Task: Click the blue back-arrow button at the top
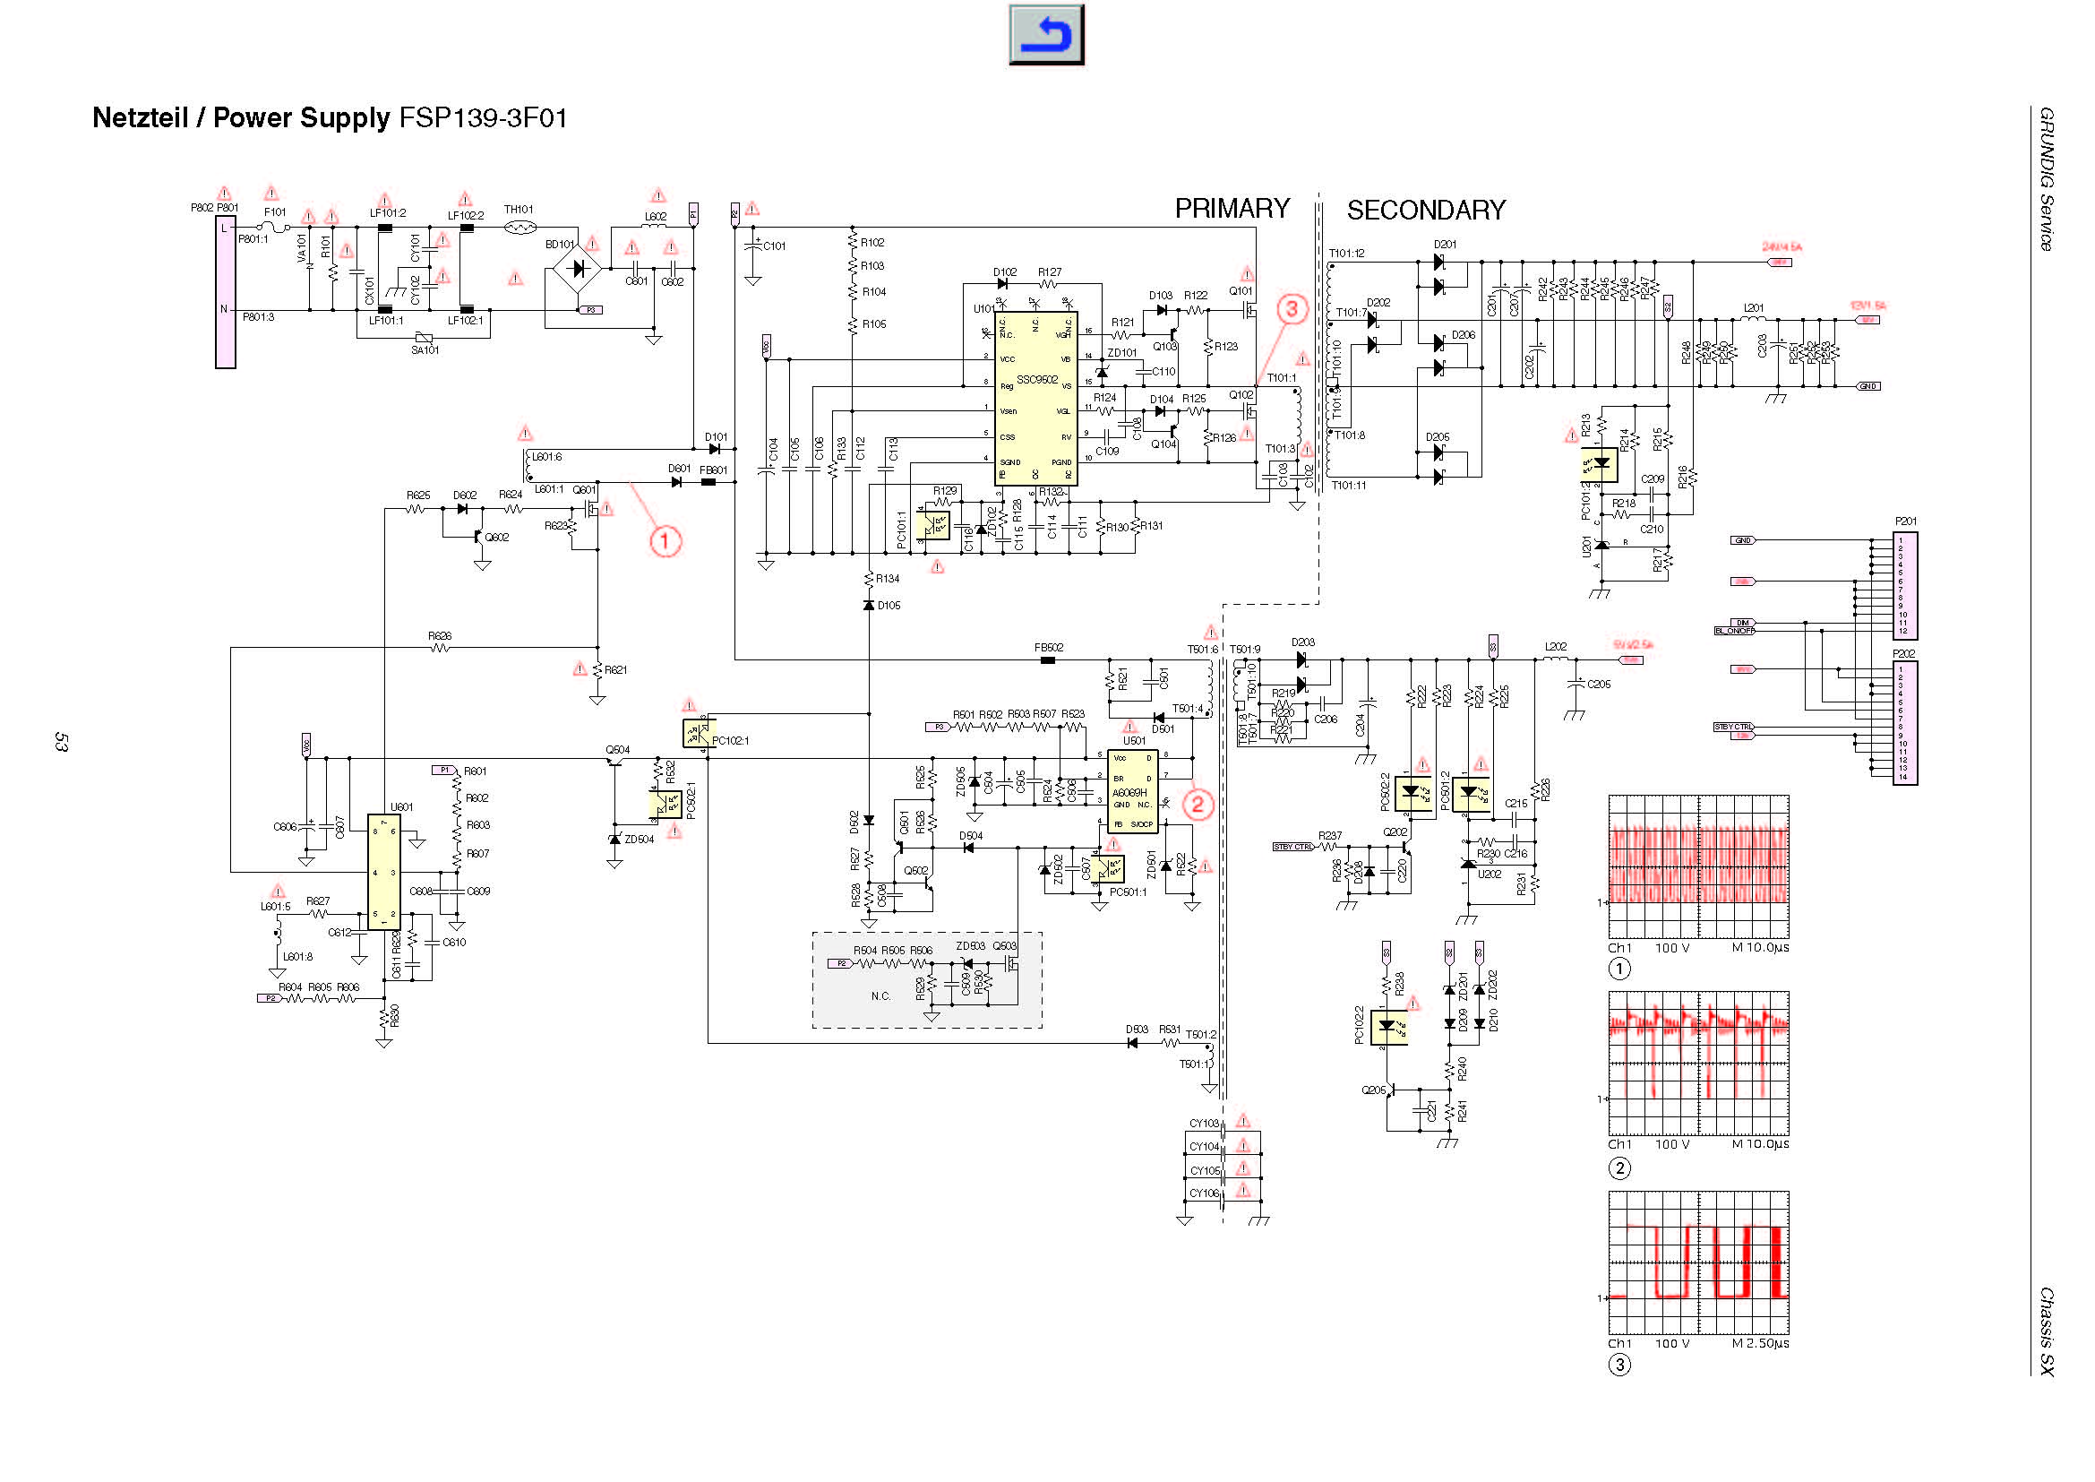[x=1045, y=35]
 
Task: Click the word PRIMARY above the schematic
[x=1231, y=209]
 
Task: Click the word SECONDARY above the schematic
[x=1425, y=211]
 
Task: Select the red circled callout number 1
[x=665, y=541]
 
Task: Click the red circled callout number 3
[x=1292, y=309]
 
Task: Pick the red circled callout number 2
[x=1198, y=804]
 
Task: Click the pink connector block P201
[x=1905, y=585]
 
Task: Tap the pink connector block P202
[x=1905, y=722]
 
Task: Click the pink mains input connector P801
[x=225, y=292]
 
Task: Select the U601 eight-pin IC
[x=383, y=872]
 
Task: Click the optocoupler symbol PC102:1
[x=698, y=734]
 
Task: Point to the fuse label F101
[x=275, y=212]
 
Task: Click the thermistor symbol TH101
[x=519, y=228]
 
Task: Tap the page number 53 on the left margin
[x=61, y=742]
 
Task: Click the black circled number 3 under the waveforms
[x=1618, y=1366]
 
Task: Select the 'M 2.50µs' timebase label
[x=1759, y=1343]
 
